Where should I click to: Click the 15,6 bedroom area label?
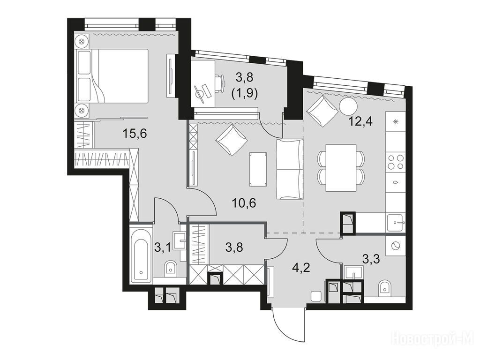[x=135, y=134]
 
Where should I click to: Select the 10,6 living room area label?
[x=244, y=203]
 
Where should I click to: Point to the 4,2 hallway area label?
[x=301, y=268]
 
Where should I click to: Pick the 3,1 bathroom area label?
[x=163, y=247]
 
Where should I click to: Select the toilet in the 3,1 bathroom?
[x=170, y=268]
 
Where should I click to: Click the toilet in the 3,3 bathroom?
[x=384, y=289]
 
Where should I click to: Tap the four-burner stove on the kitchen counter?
[x=395, y=162]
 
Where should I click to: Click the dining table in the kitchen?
[x=341, y=168]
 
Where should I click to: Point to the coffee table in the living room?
[x=258, y=169]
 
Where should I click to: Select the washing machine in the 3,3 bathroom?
[x=396, y=246]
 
